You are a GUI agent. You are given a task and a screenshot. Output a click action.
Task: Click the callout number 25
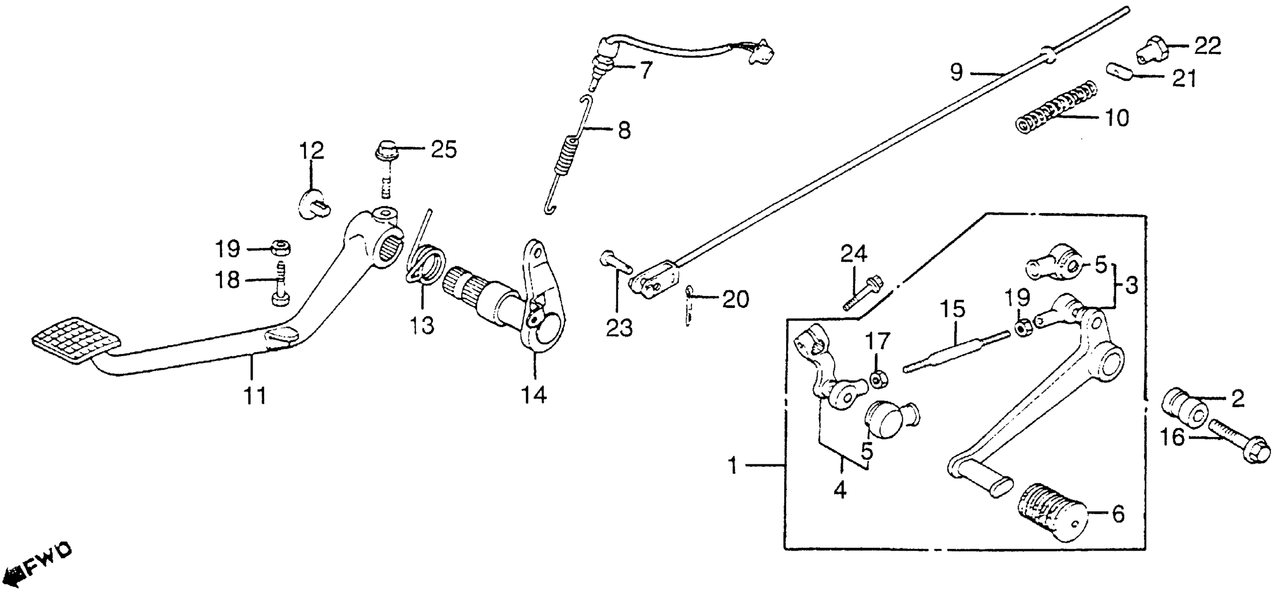(x=443, y=149)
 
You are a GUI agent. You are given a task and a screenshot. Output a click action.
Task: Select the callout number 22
(x=1207, y=46)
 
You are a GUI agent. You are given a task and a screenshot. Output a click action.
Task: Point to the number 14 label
(x=534, y=395)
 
